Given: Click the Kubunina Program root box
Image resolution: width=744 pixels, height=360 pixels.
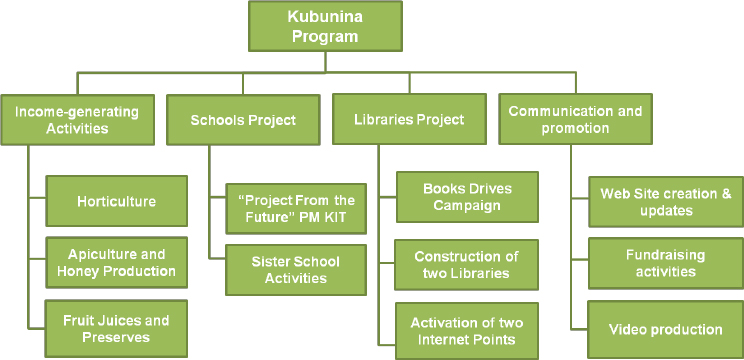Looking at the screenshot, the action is [x=324, y=26].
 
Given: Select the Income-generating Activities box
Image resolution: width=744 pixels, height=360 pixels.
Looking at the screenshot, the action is [x=77, y=120].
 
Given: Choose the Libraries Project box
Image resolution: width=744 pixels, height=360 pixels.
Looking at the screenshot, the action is [x=409, y=120].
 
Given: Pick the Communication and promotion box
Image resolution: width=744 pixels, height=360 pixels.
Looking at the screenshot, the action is [x=575, y=120].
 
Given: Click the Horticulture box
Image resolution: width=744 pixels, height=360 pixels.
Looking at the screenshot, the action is [x=117, y=201].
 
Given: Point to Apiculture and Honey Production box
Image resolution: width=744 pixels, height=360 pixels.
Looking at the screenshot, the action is [x=116, y=263].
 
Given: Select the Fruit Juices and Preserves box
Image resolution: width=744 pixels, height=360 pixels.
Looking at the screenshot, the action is [x=116, y=329].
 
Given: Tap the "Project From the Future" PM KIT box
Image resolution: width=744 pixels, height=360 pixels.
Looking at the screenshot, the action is [x=281, y=209].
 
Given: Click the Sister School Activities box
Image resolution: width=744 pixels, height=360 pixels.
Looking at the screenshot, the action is [x=282, y=270].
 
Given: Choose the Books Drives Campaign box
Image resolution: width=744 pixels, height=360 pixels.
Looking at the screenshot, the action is [x=466, y=197].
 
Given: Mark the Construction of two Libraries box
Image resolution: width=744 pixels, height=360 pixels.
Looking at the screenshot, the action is [x=466, y=265].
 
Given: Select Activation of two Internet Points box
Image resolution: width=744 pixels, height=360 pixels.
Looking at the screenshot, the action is [x=466, y=330].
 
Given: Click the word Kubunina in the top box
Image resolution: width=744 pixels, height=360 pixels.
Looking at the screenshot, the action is [x=324, y=18].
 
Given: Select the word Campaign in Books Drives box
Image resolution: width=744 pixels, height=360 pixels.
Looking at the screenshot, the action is [x=466, y=205].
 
